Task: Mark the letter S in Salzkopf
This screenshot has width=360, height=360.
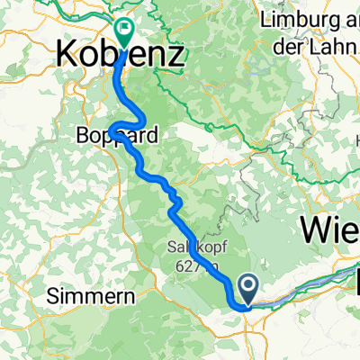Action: pyautogui.click(x=170, y=246)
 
